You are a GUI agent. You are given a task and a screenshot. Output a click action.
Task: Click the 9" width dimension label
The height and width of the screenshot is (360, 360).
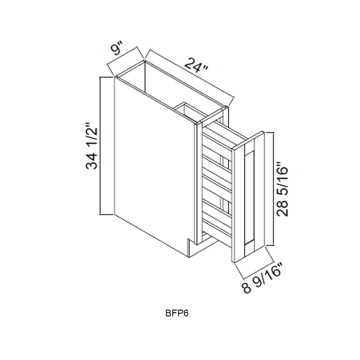(x=117, y=49)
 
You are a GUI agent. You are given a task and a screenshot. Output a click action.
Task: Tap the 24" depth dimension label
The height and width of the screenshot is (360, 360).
(x=196, y=65)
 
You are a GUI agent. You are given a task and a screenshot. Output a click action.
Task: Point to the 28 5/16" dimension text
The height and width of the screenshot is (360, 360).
(x=282, y=189)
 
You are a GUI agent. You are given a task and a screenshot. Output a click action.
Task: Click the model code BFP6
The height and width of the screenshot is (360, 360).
(x=177, y=313)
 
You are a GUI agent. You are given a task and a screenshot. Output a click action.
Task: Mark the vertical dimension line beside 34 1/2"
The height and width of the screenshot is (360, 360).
(x=100, y=146)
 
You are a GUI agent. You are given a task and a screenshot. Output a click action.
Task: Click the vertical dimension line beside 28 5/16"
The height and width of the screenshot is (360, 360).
(x=274, y=189)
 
